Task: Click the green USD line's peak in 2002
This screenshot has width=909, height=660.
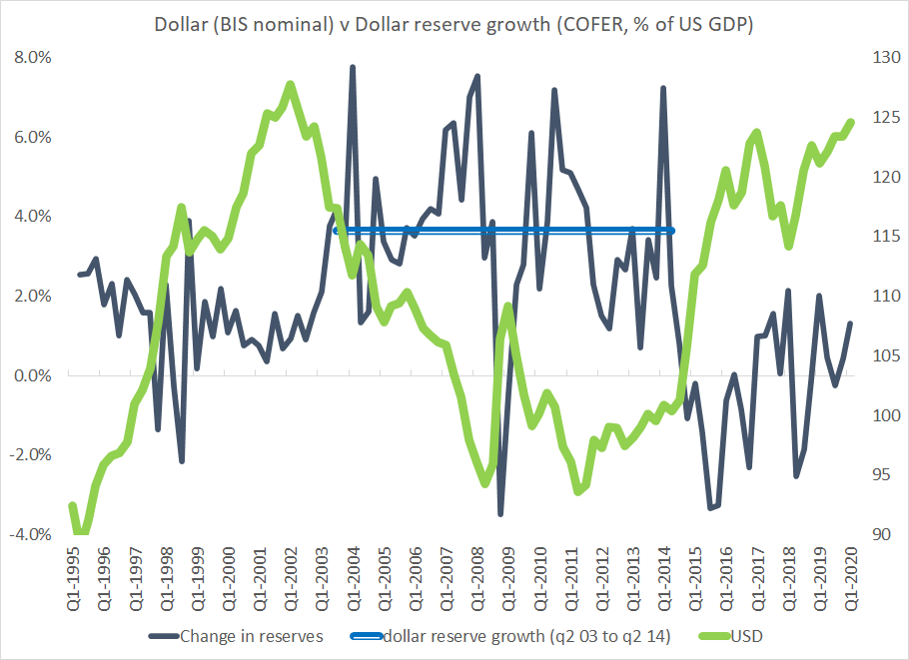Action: coord(290,84)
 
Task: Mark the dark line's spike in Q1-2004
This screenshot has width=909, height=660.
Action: coord(353,68)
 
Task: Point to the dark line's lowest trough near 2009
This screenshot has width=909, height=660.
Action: coord(500,513)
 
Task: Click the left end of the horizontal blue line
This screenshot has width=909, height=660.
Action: coord(337,231)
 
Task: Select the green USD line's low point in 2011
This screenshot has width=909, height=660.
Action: coord(578,491)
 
